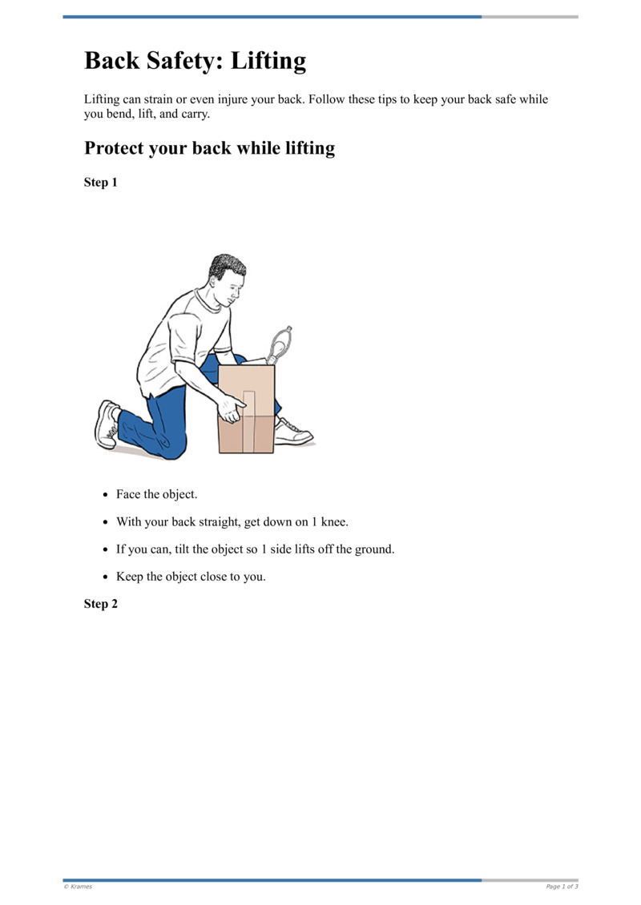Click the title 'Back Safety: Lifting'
[195, 61]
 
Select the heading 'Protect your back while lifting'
[209, 148]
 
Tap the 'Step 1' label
[101, 183]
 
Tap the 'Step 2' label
[101, 604]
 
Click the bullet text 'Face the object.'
[156, 494]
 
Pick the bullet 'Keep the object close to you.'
[191, 576]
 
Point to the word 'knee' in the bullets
[331, 522]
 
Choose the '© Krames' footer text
[78, 887]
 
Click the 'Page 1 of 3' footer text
[562, 887]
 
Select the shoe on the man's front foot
[292, 433]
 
